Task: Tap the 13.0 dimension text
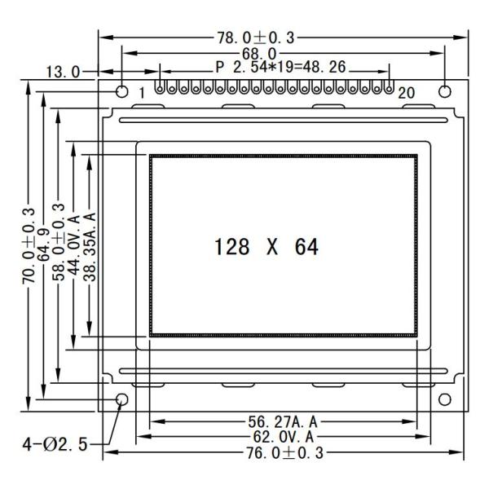tap(63, 72)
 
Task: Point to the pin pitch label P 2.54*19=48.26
tap(275, 69)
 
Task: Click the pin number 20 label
tap(406, 93)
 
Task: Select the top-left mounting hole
tap(122, 90)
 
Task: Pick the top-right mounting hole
tap(444, 90)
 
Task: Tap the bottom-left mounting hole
tap(122, 399)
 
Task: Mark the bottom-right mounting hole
tap(444, 399)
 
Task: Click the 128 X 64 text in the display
tap(266, 247)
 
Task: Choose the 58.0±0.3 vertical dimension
tap(59, 243)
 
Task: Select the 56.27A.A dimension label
tap(282, 421)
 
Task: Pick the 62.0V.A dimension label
tap(282, 437)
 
